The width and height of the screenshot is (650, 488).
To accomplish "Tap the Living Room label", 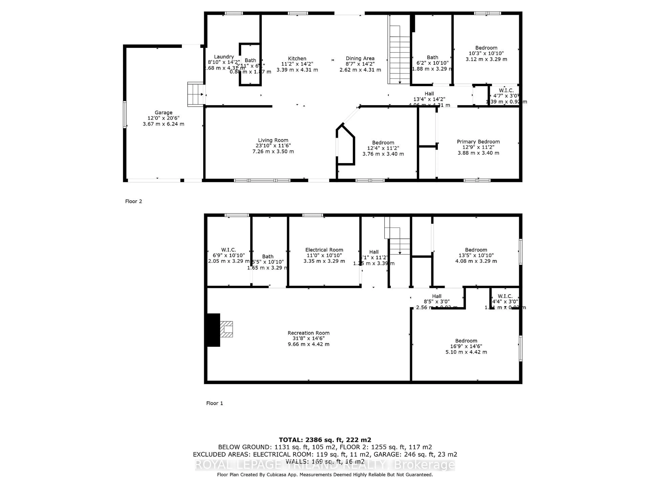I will pyautogui.click(x=273, y=140).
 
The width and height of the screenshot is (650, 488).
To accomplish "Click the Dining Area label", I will pyautogui.click(x=360, y=58).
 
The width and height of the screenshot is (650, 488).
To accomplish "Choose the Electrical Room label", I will pyautogui.click(x=324, y=250).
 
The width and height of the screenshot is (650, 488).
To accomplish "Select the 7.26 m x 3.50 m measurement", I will pyautogui.click(x=273, y=151).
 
